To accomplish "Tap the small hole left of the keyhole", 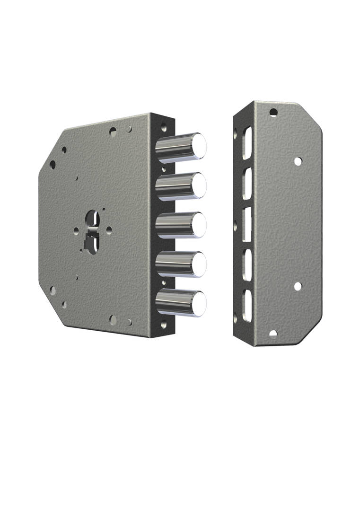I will pos(76,230).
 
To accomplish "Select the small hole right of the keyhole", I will pos(109,229).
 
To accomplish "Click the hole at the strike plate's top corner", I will pos(273,113).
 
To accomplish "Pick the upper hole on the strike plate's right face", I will pos(298,161).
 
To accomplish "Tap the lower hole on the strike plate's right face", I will pos(298,286).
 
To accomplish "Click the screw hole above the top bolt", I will pos(164,127).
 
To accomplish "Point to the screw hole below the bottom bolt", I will pos(164,326).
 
